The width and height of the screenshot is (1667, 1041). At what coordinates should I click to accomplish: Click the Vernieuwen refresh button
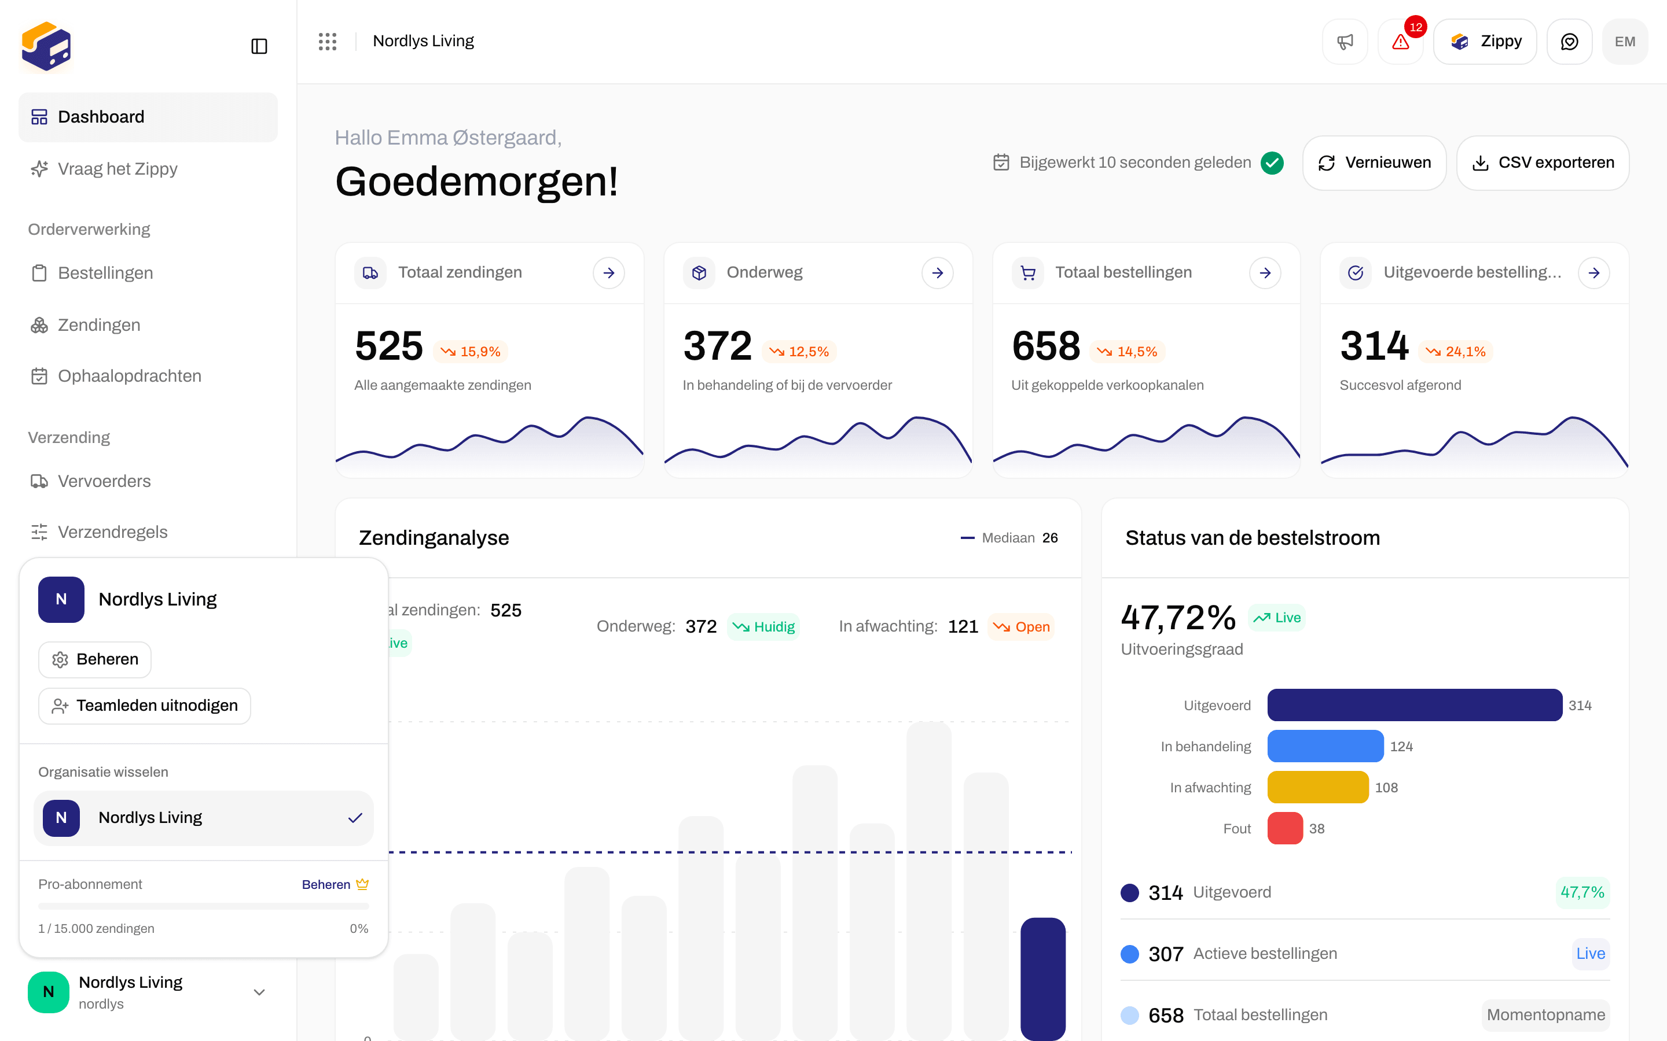click(x=1374, y=163)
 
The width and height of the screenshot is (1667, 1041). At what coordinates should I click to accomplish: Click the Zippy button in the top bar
click(x=1485, y=41)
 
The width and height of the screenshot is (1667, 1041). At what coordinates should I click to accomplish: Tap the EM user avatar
click(x=1625, y=41)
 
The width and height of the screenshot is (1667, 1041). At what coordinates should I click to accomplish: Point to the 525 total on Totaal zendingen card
click(x=389, y=346)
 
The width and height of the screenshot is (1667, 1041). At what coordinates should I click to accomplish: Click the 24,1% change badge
click(x=1456, y=352)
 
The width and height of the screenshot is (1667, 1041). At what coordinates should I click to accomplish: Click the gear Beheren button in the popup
click(x=95, y=659)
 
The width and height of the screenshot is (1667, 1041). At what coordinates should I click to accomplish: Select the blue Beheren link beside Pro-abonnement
click(x=326, y=884)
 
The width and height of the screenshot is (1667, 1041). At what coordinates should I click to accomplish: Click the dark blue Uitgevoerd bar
click(x=1415, y=705)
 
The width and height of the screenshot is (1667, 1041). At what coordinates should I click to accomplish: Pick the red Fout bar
click(x=1286, y=828)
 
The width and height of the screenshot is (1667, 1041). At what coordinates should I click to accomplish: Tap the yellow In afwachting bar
click(x=1318, y=787)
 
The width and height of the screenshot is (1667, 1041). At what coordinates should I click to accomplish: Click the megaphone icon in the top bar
click(x=1345, y=41)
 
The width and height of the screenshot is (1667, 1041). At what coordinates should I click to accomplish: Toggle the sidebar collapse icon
click(x=259, y=46)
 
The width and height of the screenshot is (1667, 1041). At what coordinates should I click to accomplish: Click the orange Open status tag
click(x=1021, y=626)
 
